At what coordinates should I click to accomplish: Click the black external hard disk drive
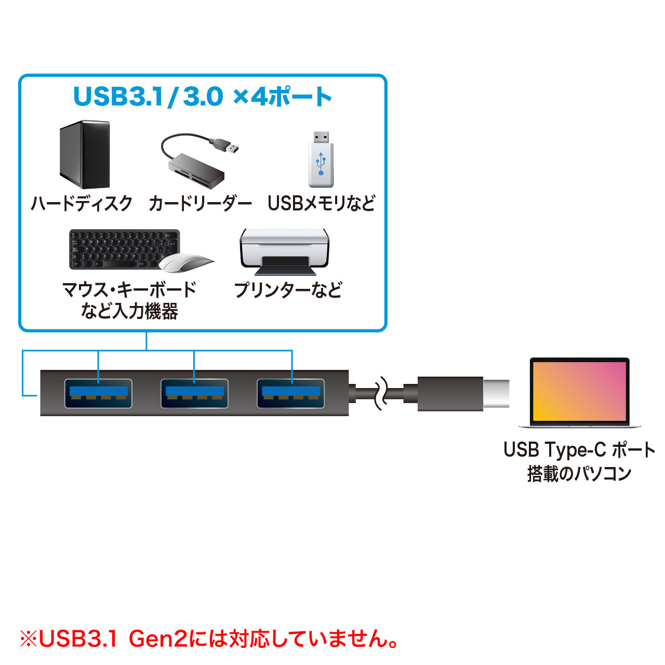click(85, 154)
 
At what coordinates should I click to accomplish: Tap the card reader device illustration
click(196, 170)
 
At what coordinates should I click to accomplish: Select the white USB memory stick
click(321, 159)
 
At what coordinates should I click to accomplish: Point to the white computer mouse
click(186, 263)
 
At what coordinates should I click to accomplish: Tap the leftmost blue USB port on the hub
click(98, 393)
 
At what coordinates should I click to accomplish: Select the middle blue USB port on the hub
click(194, 393)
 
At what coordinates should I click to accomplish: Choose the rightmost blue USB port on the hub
click(291, 393)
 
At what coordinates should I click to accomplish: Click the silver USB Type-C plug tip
click(496, 393)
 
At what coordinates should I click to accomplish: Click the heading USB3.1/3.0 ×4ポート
click(202, 97)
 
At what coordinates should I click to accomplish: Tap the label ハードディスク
click(82, 203)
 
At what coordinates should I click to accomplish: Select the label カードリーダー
click(200, 203)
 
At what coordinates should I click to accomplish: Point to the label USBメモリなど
click(321, 203)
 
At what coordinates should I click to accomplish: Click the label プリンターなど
click(288, 289)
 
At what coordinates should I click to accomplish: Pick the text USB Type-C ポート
click(579, 450)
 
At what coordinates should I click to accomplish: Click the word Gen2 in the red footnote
click(157, 639)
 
